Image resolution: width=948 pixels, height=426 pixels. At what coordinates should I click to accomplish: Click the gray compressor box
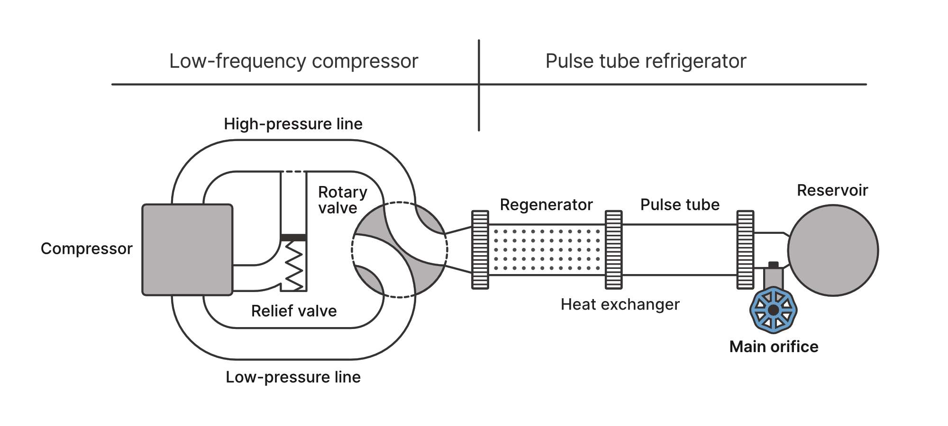click(x=187, y=250)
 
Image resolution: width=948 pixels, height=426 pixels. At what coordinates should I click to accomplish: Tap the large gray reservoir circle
click(x=833, y=250)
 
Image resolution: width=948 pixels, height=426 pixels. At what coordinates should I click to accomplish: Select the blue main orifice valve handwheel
click(x=773, y=310)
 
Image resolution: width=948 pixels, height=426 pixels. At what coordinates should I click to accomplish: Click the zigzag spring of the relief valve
click(x=294, y=265)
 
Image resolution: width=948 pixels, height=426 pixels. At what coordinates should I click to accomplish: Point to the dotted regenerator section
click(x=547, y=250)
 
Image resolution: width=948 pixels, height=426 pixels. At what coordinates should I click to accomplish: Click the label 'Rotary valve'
click(x=342, y=200)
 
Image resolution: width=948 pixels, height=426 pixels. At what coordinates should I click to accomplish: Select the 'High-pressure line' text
click(x=293, y=124)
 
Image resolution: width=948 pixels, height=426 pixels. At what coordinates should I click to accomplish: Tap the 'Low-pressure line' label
click(x=293, y=377)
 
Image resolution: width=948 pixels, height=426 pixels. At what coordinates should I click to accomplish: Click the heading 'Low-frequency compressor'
click(x=293, y=61)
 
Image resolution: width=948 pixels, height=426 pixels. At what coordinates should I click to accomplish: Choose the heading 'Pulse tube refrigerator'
click(x=646, y=61)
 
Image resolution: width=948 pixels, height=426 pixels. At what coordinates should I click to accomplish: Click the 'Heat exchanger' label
click(x=620, y=304)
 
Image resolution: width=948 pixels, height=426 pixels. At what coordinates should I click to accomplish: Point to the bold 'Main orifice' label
click(x=774, y=347)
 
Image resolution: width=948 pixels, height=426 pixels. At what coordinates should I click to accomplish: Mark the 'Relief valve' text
click(x=294, y=311)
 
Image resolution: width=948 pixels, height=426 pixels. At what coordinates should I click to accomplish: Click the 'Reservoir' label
click(x=832, y=190)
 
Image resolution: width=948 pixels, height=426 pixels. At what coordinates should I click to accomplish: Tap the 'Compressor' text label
click(x=86, y=248)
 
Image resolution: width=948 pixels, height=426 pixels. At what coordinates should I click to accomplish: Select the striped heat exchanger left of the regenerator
click(x=480, y=250)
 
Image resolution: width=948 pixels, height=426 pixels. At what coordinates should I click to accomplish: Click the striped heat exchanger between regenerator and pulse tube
click(x=613, y=250)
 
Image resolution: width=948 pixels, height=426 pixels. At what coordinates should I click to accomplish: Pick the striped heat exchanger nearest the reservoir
click(x=745, y=250)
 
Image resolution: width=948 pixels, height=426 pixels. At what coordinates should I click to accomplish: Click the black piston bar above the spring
click(x=293, y=237)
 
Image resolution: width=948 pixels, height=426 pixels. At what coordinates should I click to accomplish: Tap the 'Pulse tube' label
click(x=680, y=204)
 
